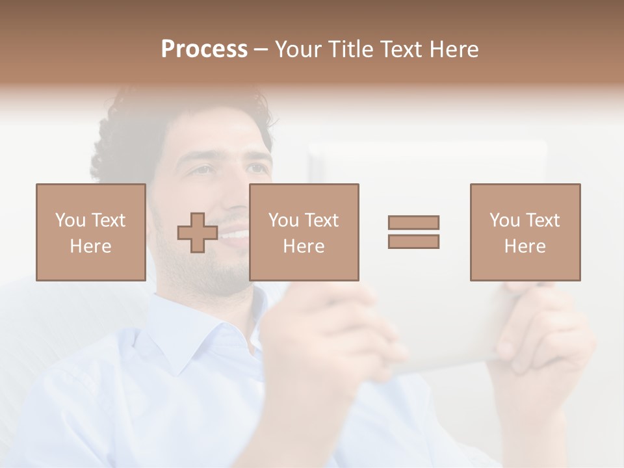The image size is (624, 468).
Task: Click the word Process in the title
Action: coord(204,49)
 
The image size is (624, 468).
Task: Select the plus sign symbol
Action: coord(198,233)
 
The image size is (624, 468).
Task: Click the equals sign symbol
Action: coord(413,232)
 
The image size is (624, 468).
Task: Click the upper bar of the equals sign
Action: coord(413,222)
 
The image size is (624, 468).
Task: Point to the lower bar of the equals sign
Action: coord(413,242)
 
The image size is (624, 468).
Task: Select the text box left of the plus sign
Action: coord(91,232)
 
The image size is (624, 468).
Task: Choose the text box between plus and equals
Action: coord(304,232)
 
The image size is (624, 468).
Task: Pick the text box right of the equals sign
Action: coord(525,232)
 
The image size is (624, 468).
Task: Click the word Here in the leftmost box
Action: coord(91,246)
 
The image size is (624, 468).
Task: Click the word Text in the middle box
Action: coord(321,220)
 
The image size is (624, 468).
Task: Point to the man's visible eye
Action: coord(203,170)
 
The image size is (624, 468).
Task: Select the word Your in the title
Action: coord(298,49)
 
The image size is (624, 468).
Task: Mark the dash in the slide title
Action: coord(261,50)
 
